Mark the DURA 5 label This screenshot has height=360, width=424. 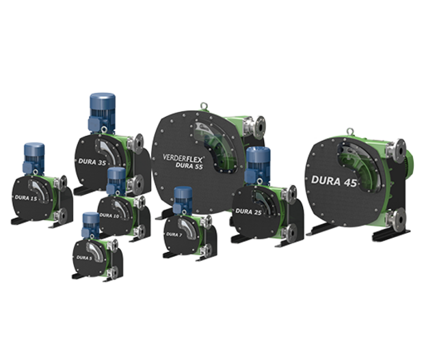point(83,258)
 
